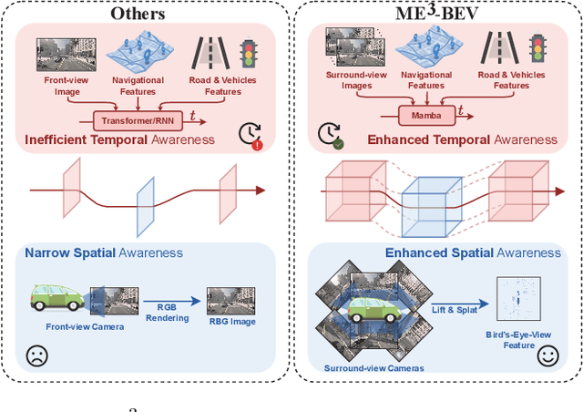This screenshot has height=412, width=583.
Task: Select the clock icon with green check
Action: pos(331,135)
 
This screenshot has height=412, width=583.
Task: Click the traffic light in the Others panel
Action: pos(248,54)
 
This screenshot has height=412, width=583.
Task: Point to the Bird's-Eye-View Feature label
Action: pos(517,341)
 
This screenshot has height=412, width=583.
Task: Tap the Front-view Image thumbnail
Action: pos(60,54)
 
